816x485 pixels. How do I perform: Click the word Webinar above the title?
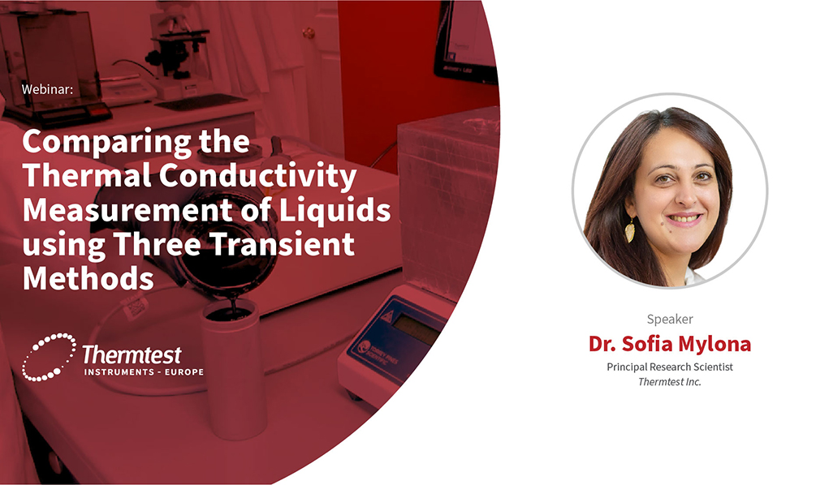click(47, 89)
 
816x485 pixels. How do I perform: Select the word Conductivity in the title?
click(257, 175)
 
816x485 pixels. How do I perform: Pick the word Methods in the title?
click(88, 278)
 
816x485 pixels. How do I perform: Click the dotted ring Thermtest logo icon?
click(49, 357)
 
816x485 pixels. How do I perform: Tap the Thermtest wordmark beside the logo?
click(132, 354)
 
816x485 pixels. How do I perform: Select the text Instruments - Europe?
click(144, 372)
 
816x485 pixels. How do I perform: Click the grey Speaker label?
click(670, 319)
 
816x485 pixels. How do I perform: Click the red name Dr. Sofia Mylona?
click(670, 344)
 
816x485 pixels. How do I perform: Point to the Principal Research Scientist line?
click(670, 367)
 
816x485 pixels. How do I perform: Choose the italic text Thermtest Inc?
click(670, 381)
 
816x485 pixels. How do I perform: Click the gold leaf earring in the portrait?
click(630, 230)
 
